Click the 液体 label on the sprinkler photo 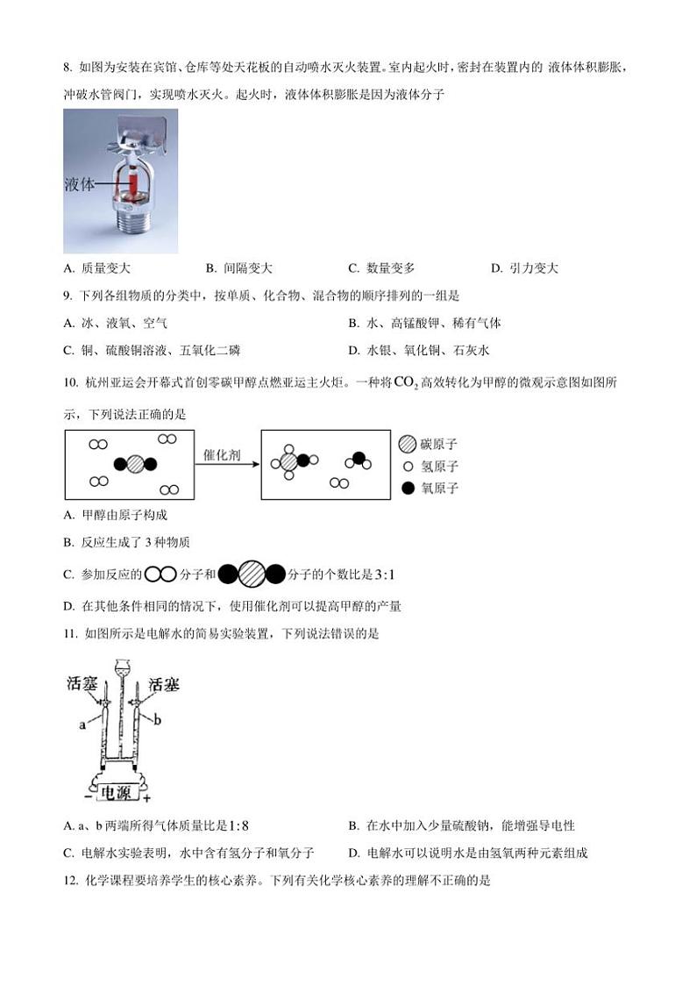(x=80, y=185)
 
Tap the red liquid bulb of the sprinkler (x=135, y=183)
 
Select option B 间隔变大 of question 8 (x=239, y=268)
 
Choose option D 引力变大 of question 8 (x=524, y=268)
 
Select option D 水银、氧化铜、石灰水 (x=418, y=350)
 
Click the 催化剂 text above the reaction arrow (x=224, y=453)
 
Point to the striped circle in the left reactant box (x=135, y=464)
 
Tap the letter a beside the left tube (x=82, y=724)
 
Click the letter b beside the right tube (x=158, y=720)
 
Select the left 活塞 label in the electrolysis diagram (x=84, y=684)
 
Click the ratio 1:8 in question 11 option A (x=238, y=825)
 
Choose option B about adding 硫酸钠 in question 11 (x=461, y=825)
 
